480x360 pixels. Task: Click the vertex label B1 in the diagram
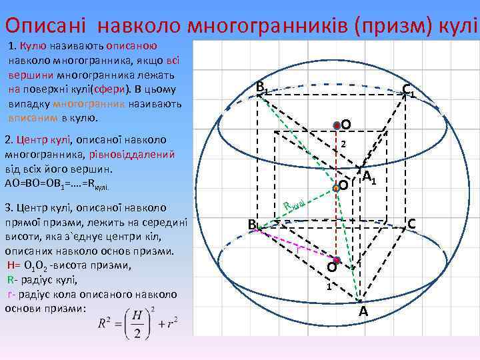(x=262, y=87)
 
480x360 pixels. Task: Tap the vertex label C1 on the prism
(x=409, y=91)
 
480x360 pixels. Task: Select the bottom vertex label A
(x=363, y=312)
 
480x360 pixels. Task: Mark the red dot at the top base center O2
(x=337, y=124)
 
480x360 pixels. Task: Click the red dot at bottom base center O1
(x=338, y=259)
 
